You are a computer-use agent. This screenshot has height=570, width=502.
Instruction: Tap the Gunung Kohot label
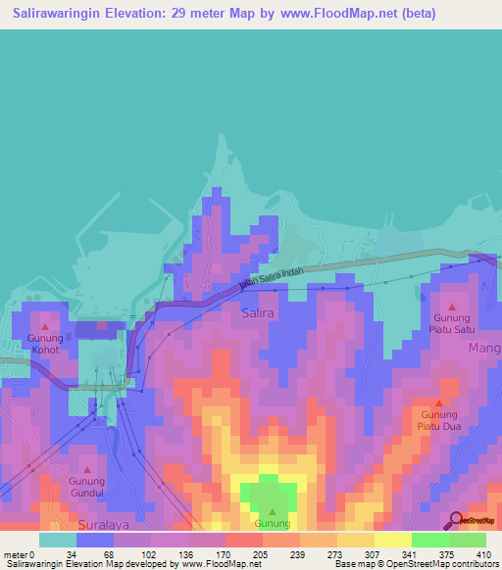pyautogui.click(x=43, y=343)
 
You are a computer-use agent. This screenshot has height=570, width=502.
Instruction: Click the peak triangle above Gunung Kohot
pyautogui.click(x=44, y=323)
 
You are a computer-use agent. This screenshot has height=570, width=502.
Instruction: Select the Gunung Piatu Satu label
pyautogui.click(x=453, y=324)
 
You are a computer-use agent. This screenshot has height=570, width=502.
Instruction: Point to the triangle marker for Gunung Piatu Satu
pyautogui.click(x=452, y=307)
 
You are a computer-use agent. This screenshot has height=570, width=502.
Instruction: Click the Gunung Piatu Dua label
pyautogui.click(x=439, y=419)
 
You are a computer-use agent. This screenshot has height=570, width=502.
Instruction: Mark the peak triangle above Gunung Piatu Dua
pyautogui.click(x=439, y=403)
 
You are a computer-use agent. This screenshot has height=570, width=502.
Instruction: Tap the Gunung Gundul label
pyautogui.click(x=86, y=487)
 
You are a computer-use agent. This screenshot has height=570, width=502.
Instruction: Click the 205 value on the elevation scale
pyautogui.click(x=233, y=554)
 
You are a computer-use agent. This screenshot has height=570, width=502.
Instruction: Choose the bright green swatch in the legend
pyautogui.click(x=430, y=540)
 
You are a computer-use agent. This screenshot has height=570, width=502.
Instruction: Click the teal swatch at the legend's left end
pyautogui.click(x=56, y=540)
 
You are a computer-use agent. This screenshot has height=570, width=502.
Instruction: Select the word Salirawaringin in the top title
pyautogui.click(x=63, y=15)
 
